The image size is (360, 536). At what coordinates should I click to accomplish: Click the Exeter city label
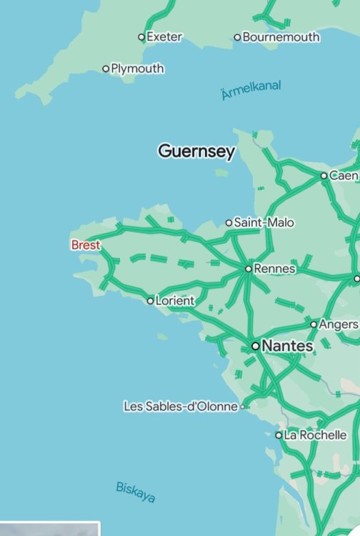click(x=164, y=36)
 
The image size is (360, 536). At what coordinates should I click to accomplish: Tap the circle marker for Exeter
click(x=141, y=37)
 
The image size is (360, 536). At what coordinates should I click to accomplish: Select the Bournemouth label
click(x=281, y=36)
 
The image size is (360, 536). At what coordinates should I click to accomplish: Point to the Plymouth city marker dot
click(x=106, y=69)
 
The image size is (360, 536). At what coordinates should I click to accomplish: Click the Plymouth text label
click(x=137, y=69)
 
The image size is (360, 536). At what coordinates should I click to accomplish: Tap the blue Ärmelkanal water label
click(x=251, y=90)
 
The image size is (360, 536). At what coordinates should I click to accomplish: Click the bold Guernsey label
click(x=196, y=152)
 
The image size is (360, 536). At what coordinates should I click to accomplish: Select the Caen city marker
click(x=324, y=175)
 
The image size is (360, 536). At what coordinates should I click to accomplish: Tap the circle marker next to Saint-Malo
click(x=229, y=223)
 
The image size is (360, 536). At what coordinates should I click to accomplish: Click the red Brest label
click(x=86, y=245)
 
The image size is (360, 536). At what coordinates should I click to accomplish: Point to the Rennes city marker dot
click(x=248, y=269)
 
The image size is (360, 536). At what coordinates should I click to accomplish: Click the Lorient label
click(x=175, y=301)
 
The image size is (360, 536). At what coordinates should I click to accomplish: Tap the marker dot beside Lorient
click(x=150, y=301)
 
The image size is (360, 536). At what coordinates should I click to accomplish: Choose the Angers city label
click(x=338, y=324)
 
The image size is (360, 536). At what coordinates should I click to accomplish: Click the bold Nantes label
click(x=288, y=346)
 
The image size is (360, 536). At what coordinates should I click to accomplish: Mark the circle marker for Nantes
click(x=255, y=346)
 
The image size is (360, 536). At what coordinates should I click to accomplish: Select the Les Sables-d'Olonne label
click(x=180, y=407)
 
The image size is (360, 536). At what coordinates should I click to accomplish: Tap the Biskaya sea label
click(x=136, y=492)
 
